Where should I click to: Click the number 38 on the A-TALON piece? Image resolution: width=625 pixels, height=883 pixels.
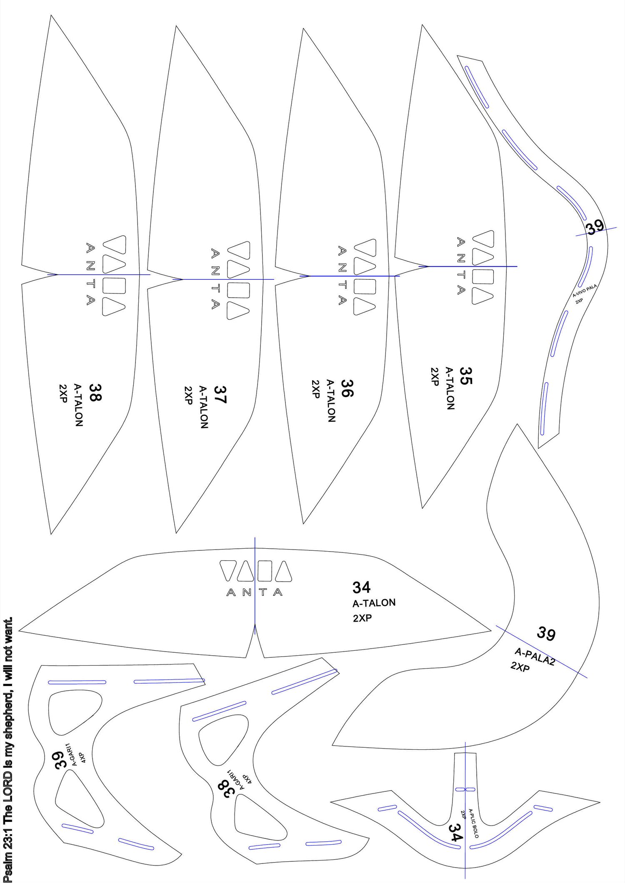pos(95,392)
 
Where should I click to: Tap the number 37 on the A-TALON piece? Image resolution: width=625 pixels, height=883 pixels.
pos(220,395)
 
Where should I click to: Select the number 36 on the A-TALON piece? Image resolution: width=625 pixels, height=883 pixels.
pos(347,388)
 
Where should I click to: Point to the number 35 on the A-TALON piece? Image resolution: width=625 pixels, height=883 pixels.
pos(466,376)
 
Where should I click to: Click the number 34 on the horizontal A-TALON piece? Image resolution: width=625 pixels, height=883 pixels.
pos(361,587)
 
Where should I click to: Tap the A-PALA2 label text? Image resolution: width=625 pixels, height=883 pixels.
pos(535,657)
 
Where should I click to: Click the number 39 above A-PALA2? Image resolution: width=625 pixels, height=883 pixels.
pos(546,634)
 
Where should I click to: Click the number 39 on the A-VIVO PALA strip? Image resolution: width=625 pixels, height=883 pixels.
pos(595,227)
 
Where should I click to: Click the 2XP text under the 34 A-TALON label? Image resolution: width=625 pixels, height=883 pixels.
pos(362,618)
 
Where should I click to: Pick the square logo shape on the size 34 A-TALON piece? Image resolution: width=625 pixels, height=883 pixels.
pos(265,571)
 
